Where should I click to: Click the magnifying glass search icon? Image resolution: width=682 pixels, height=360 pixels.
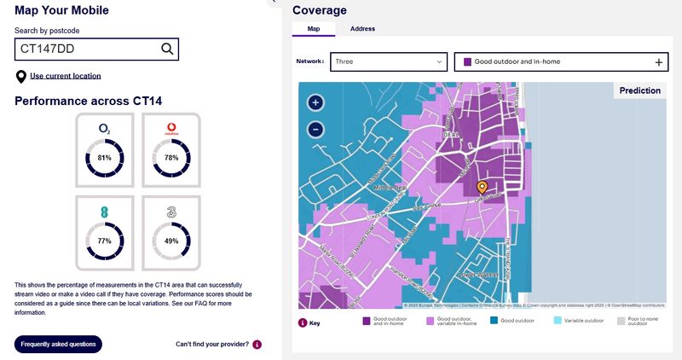(167, 49)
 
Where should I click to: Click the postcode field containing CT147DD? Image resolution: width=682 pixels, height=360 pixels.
(85, 49)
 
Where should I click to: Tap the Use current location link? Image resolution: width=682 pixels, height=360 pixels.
(65, 76)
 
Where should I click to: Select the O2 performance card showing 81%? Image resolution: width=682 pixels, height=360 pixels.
(105, 150)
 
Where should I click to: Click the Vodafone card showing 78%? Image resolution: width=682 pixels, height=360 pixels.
(170, 150)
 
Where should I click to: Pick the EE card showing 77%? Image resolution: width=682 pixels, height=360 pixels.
(105, 233)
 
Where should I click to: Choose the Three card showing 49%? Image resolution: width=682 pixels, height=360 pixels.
(170, 233)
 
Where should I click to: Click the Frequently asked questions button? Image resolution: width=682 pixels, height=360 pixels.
(58, 344)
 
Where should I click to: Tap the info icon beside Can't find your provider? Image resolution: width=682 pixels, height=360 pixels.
(257, 345)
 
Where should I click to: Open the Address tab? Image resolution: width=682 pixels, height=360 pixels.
(362, 29)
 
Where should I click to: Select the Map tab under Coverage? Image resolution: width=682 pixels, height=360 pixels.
(314, 29)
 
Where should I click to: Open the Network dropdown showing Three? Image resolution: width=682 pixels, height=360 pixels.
(389, 62)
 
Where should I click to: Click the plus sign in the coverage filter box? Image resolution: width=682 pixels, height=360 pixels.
(658, 62)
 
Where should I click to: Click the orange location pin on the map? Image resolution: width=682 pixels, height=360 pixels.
(482, 187)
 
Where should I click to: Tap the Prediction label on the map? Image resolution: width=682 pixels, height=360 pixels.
(639, 90)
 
